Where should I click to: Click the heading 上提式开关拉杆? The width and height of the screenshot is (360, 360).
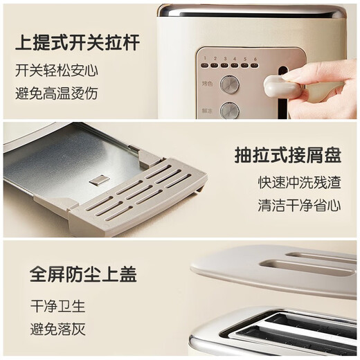(77, 42)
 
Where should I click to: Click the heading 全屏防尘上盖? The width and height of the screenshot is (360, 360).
(83, 273)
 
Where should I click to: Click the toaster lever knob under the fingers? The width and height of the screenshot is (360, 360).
(280, 87)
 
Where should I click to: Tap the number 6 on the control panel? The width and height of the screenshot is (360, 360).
(256, 58)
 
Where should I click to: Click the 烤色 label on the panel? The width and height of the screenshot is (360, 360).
(206, 82)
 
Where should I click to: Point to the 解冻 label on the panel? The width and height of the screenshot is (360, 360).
(206, 109)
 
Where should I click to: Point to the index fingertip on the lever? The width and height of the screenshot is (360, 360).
(289, 75)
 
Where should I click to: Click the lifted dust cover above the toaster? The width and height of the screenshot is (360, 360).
(273, 267)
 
